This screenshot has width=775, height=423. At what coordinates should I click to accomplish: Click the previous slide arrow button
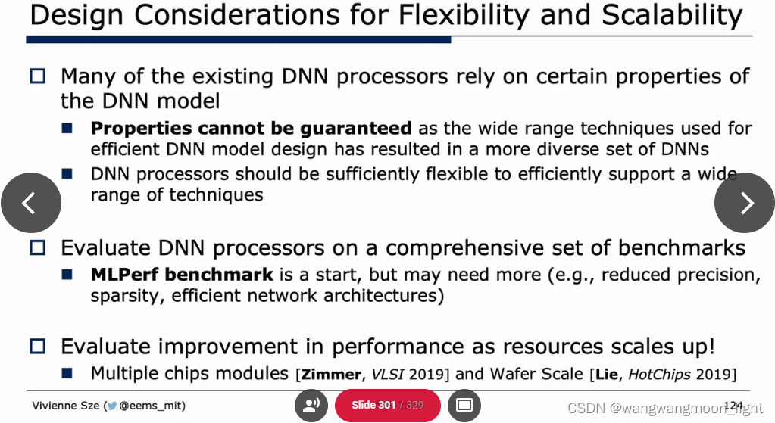(x=30, y=203)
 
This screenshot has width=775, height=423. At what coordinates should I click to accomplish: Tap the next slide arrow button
(x=745, y=203)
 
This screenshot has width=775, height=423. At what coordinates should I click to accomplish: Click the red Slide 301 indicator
(x=387, y=405)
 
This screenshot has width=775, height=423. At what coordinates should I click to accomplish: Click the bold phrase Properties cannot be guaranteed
(x=251, y=129)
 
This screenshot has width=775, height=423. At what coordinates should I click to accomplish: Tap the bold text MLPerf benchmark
(x=182, y=274)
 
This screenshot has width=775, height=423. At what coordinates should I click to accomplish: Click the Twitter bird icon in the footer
(x=111, y=406)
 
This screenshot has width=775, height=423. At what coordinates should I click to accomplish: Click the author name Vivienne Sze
(x=67, y=406)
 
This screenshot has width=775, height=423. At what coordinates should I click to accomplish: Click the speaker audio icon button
(x=311, y=405)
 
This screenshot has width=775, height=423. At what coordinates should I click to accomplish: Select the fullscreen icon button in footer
(x=464, y=405)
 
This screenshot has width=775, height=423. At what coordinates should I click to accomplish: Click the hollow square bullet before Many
(x=38, y=76)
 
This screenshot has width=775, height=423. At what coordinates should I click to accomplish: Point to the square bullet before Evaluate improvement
(x=38, y=347)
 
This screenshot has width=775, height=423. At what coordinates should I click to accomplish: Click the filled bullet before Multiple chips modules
(x=67, y=373)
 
